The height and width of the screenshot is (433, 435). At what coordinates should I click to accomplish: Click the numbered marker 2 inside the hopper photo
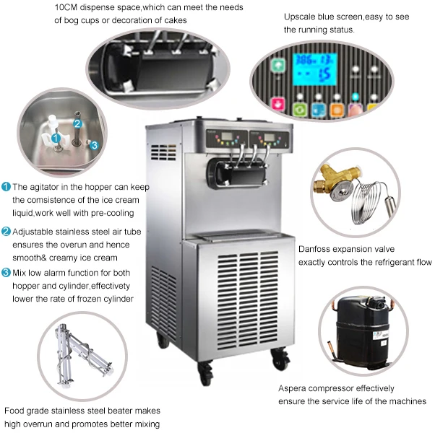click(x=77, y=124)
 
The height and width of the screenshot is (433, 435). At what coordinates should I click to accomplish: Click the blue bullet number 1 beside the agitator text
click(x=7, y=187)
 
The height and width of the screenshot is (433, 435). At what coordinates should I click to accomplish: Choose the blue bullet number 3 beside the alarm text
click(x=7, y=273)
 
